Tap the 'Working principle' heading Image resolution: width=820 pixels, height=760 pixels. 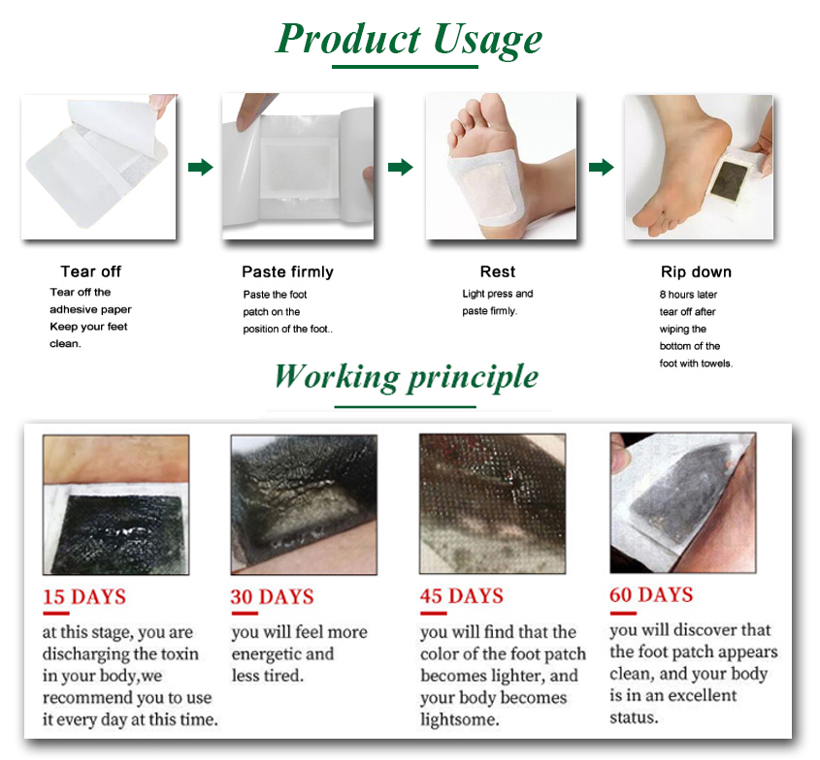click(x=406, y=376)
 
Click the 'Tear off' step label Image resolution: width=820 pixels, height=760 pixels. click(x=91, y=271)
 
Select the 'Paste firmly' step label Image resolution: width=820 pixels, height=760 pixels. click(x=287, y=271)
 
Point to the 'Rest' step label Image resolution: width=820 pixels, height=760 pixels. click(x=497, y=271)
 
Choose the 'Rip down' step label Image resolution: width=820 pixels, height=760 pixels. click(x=696, y=271)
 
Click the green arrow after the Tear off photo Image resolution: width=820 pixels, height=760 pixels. click(x=200, y=168)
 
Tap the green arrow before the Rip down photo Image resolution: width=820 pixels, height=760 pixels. click(x=602, y=168)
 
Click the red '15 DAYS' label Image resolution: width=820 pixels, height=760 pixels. click(x=84, y=596)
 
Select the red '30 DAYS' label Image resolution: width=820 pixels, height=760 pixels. click(x=272, y=596)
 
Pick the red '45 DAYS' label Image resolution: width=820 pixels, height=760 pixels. click(x=462, y=595)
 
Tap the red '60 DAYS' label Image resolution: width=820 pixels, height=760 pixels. click(x=651, y=593)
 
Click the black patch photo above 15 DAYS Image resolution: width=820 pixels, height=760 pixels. click(x=115, y=504)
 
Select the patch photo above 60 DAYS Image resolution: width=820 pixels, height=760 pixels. click(x=681, y=501)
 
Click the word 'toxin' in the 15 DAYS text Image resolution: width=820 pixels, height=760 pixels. click(x=175, y=654)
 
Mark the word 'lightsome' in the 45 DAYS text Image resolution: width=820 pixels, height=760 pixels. click(x=460, y=719)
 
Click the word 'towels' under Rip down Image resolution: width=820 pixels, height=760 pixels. click(x=715, y=364)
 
